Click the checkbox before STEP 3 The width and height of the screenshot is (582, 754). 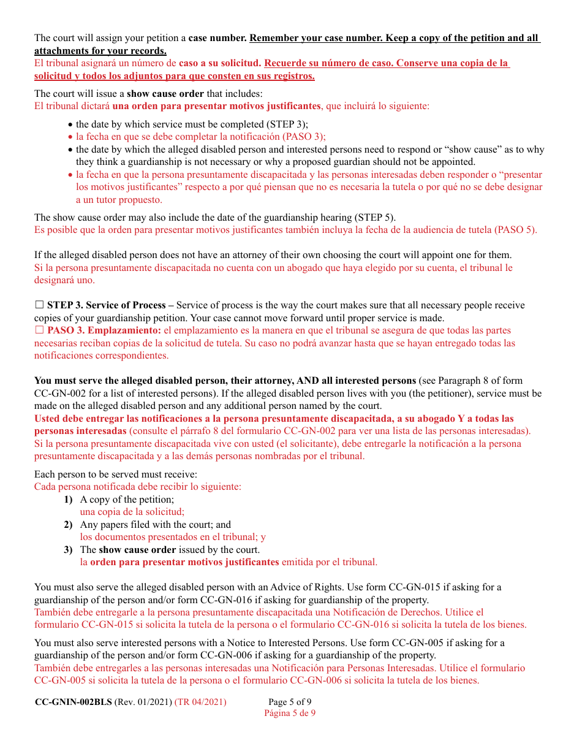[39, 305]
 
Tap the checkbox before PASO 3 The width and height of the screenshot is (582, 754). [39, 330]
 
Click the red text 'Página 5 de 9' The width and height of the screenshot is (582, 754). [290, 713]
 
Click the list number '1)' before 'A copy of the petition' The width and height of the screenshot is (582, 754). [68, 500]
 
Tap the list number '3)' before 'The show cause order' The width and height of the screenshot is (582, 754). [68, 550]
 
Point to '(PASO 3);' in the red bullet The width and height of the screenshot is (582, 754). [305, 137]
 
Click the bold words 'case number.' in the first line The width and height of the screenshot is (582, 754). [217, 38]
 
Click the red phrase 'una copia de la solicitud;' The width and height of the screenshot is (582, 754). [132, 512]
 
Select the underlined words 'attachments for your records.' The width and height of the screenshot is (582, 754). [100, 51]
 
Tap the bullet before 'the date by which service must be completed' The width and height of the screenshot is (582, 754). [70, 124]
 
